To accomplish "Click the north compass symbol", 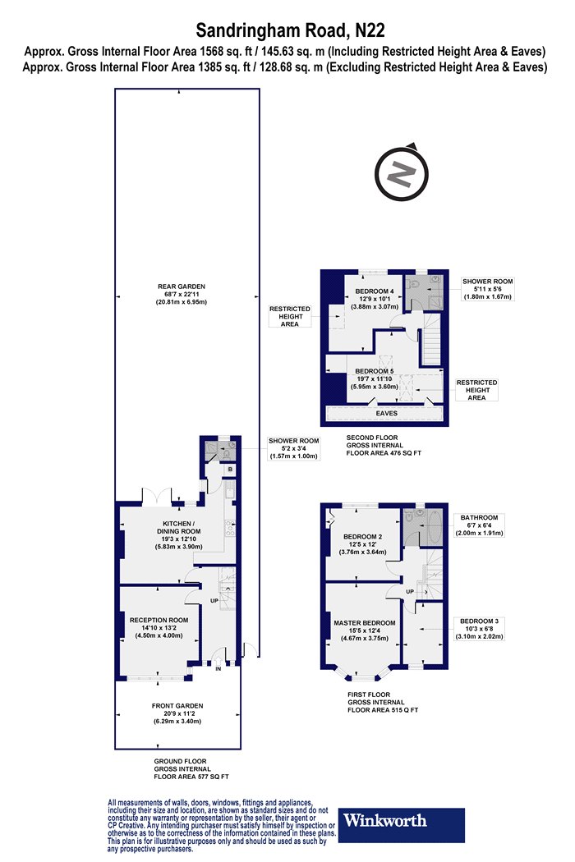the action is pos(402,173).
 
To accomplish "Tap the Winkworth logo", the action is pos(401,824).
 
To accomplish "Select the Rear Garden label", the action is pos(181,294).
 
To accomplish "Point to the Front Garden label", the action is pos(177,713).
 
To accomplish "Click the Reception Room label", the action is pos(159,628).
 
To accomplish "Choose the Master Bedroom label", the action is pos(364,630).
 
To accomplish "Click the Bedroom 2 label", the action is pos(362,544).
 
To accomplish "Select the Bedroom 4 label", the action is pos(375,299).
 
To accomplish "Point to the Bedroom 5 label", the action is pos(375,378).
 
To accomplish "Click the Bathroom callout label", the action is pos(479,525).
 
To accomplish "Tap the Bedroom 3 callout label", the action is pos(479,629).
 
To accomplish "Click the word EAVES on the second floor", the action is pos(387,413).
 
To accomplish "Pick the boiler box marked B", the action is pos(231,470).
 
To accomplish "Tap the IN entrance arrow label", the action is pos(218,668).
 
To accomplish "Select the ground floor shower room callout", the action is pos(293,448).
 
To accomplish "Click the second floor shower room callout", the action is pos(487,289).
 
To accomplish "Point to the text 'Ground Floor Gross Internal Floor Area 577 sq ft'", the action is pos(191,769).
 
